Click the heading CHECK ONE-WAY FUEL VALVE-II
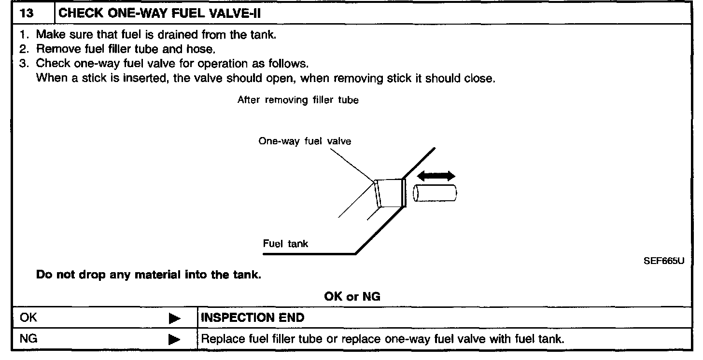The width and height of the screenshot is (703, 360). coord(159,14)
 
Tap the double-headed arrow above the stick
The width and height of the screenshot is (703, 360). coord(436,176)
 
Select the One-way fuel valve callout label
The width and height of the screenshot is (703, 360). coord(305,141)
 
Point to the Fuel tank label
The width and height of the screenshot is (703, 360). coord(285,244)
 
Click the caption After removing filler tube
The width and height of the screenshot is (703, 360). coord(298,100)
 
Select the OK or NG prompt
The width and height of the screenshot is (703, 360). coord(352,296)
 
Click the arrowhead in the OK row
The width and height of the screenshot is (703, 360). coord(174,318)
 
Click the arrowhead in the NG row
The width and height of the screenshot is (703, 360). coord(174,340)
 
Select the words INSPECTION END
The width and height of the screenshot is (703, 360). coord(253,318)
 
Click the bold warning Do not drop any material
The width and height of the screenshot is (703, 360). coord(149,276)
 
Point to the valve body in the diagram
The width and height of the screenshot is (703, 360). coord(390,194)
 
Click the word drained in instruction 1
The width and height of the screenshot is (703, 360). coord(177,35)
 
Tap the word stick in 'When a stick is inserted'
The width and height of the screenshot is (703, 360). coord(91,78)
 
